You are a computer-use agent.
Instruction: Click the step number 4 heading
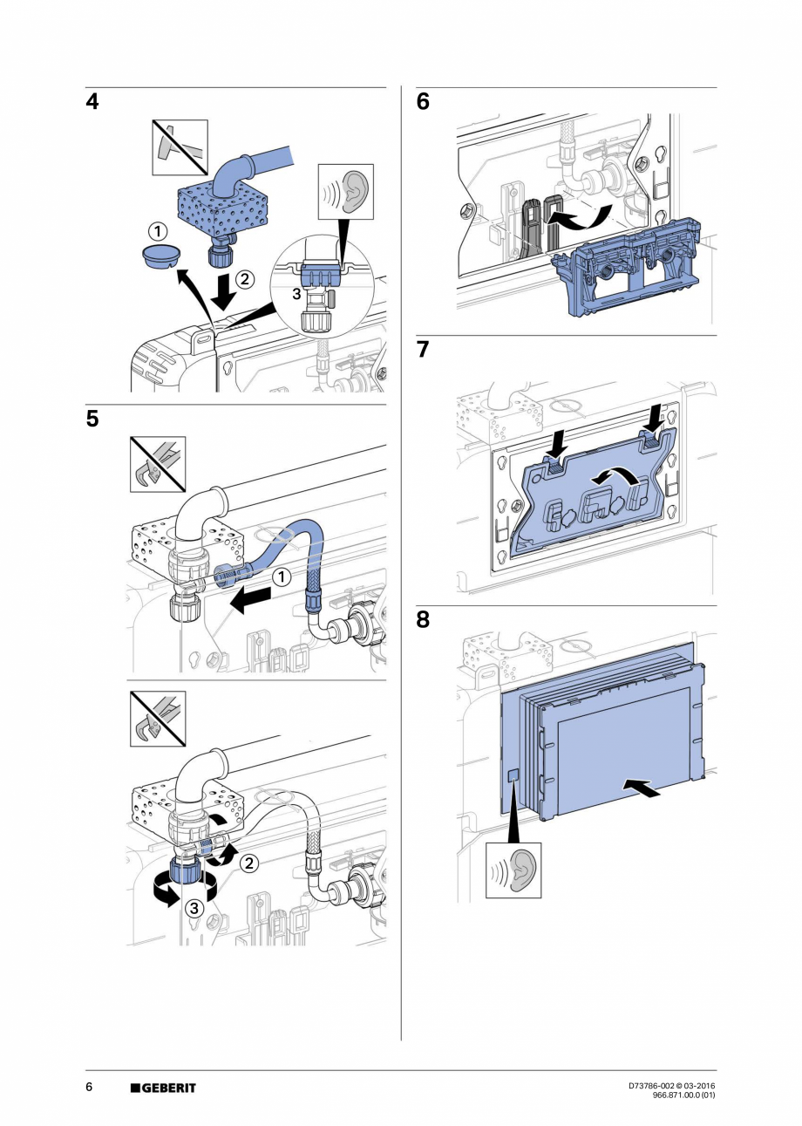tap(92, 103)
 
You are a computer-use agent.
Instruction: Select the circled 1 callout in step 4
tap(157, 232)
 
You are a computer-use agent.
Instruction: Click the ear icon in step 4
tap(346, 192)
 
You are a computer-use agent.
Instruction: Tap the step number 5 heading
tap(92, 420)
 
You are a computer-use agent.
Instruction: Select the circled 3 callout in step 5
tap(195, 908)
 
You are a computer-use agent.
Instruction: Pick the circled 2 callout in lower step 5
tap(248, 863)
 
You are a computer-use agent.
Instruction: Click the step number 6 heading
tap(424, 103)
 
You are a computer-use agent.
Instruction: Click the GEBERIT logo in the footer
tap(163, 1088)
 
